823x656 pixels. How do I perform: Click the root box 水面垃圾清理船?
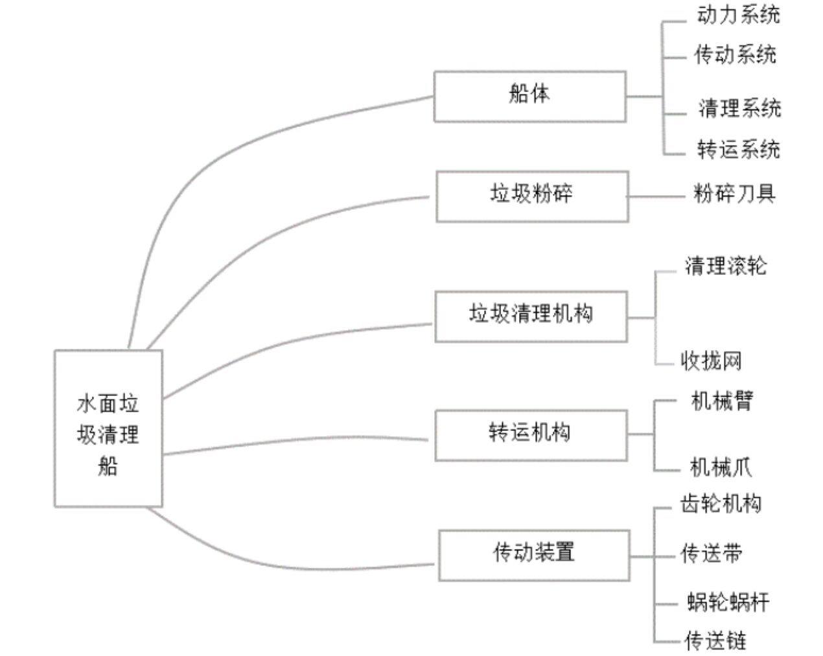(x=108, y=428)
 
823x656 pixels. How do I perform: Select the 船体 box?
(x=530, y=97)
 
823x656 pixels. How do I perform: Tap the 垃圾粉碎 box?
(x=532, y=196)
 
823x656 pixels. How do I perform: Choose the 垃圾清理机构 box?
(x=531, y=316)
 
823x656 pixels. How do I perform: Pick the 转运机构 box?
(x=531, y=436)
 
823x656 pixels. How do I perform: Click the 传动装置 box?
(x=534, y=556)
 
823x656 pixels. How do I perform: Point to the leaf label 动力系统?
(x=739, y=16)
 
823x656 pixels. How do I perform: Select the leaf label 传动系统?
(x=736, y=54)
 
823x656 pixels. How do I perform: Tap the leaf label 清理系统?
(x=740, y=108)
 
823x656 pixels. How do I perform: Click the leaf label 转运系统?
(x=739, y=149)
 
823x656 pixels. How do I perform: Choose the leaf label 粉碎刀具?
(x=735, y=194)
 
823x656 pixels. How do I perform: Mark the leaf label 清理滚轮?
(x=726, y=266)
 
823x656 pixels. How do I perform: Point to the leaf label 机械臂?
(x=722, y=401)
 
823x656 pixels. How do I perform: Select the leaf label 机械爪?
(x=721, y=467)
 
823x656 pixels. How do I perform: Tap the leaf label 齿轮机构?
(x=721, y=504)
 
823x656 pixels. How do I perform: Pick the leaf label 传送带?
(x=712, y=553)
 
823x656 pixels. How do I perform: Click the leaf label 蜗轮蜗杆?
(x=728, y=602)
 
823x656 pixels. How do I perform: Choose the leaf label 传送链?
(x=715, y=640)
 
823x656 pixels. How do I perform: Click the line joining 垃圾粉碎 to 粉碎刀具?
(x=656, y=196)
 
